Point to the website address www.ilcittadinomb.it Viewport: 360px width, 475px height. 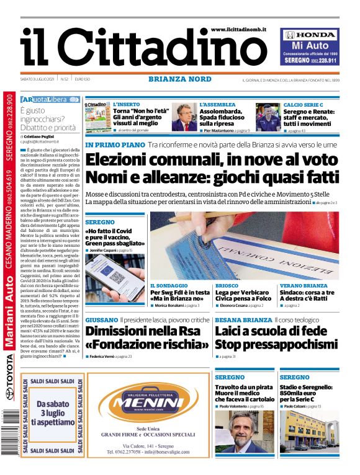pos(238,29)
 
